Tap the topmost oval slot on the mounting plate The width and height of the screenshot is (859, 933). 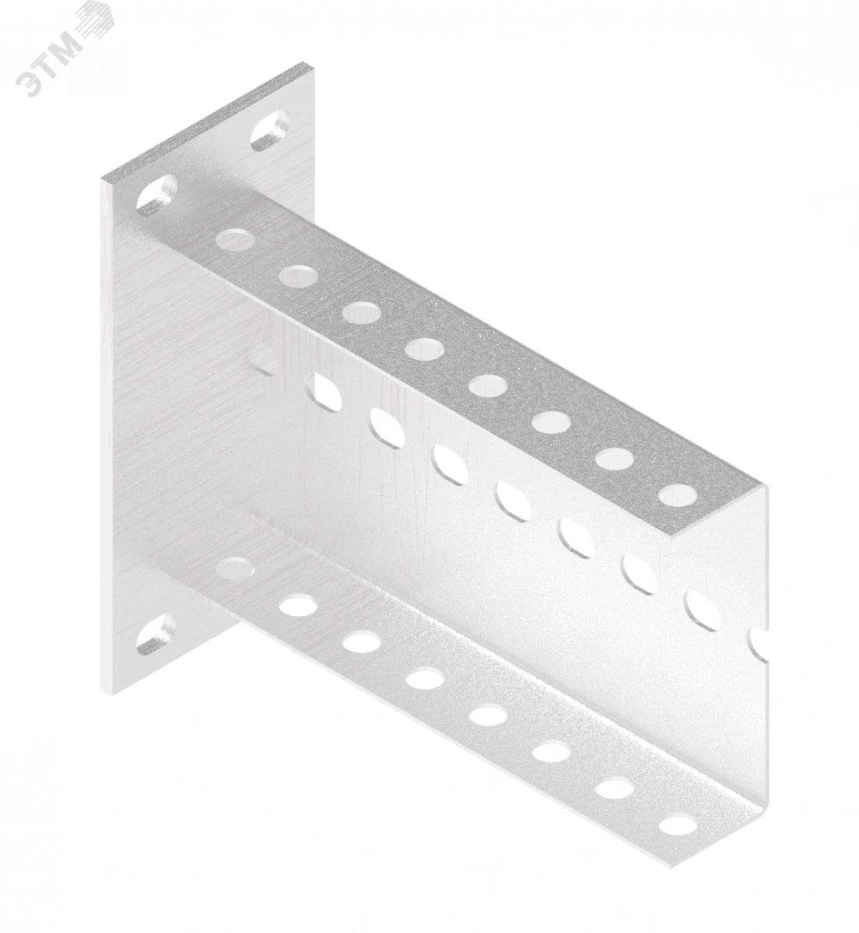[x=270, y=129]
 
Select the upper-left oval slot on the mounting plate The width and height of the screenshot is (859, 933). [x=156, y=196]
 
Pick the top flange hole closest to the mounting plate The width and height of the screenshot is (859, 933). [x=235, y=238]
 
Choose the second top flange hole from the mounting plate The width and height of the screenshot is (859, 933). [x=299, y=275]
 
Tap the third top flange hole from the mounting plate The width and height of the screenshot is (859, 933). [x=361, y=311]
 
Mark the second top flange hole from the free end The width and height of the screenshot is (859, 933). [x=615, y=458]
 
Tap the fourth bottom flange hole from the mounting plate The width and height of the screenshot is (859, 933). [x=425, y=677]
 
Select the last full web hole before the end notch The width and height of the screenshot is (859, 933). [x=703, y=610]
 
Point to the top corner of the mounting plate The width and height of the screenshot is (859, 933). [x=307, y=61]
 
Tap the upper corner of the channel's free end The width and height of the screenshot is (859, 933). [x=764, y=485]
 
